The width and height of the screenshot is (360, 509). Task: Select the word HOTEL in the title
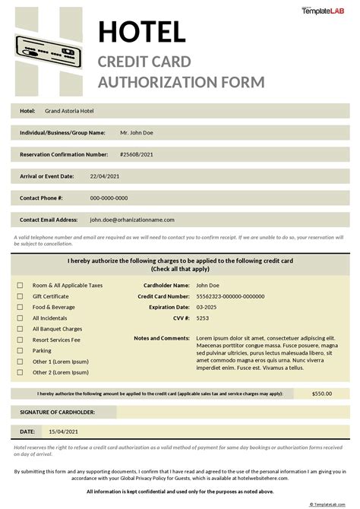coord(142,33)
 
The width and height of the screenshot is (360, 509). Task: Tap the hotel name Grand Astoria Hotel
coord(69,111)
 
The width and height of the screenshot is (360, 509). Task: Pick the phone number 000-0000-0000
coord(114,198)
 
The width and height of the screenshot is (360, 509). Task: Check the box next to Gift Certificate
coord(21,296)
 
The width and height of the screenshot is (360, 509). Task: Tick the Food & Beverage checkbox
coord(21,308)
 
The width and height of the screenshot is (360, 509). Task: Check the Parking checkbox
coord(21,351)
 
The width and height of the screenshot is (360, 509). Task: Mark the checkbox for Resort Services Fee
coord(21,340)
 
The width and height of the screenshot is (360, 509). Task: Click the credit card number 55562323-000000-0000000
coord(230,296)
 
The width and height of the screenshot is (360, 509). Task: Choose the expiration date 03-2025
coord(206,308)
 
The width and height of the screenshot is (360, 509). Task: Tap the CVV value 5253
coord(202,318)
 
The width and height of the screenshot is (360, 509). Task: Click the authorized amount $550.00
coord(322,394)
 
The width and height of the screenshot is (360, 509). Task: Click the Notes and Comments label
coord(161,338)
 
